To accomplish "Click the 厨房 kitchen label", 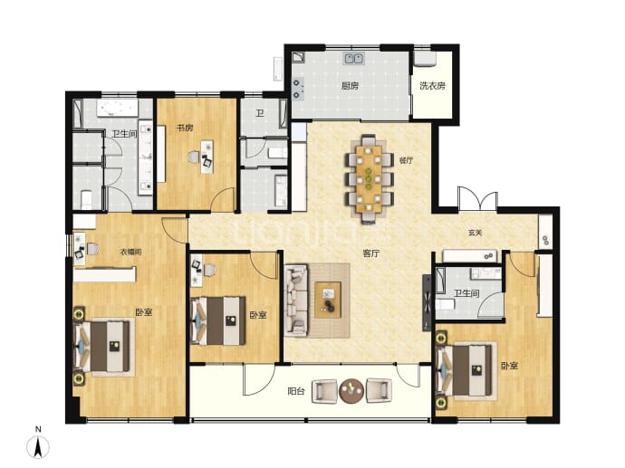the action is coord(350,86).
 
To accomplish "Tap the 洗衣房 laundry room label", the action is coord(432,86).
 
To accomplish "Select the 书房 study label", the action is coord(185,128).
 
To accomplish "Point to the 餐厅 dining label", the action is coord(406,160).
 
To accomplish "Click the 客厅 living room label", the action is coord(371,253).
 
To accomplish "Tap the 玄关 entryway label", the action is coord(475,233).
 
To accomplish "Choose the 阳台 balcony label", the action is coord(296,391).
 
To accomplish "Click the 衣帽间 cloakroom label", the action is coord(130,252).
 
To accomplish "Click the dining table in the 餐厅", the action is coord(369,179).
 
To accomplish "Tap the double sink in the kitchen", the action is coord(354,59).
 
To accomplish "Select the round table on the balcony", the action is coord(351,391).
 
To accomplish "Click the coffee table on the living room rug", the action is coord(328,300).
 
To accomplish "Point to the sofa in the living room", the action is coord(296,300).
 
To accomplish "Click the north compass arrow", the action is coord(38,447).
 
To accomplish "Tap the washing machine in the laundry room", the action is coord(425,58).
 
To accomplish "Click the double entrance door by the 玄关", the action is coord(477,199).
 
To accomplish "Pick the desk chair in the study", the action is coord(193,158).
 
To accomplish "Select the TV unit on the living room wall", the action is coord(427,302).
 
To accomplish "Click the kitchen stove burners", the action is coord(297,89).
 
